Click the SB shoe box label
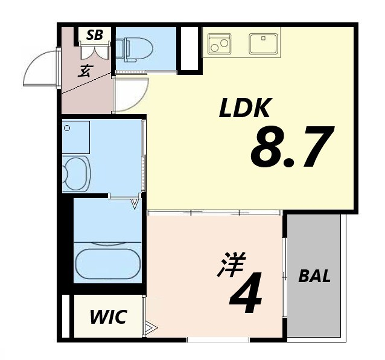(x=95, y=35)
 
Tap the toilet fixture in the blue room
(x=137, y=49)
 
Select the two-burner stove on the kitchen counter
(x=218, y=43)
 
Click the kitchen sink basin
(x=263, y=43)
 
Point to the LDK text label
(x=244, y=108)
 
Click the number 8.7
(x=291, y=147)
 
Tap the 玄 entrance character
(x=85, y=71)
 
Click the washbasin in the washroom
(x=76, y=173)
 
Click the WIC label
(x=108, y=317)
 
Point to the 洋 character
(x=231, y=264)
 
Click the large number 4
(x=246, y=293)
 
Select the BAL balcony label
(x=314, y=276)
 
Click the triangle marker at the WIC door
(x=152, y=327)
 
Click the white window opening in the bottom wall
(x=218, y=340)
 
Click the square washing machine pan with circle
(x=76, y=137)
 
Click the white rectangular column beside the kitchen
(x=189, y=48)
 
